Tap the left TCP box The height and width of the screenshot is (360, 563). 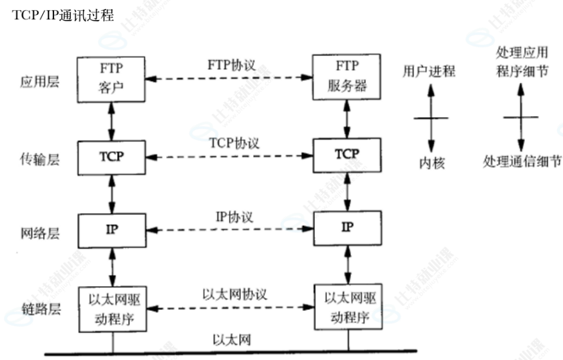tap(112, 156)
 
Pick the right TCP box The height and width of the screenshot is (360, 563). tap(348, 155)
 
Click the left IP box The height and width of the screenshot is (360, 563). tap(112, 230)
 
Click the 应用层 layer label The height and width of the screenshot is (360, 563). tap(39, 82)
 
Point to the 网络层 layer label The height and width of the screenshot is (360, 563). tap(39, 233)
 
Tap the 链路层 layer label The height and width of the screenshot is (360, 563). tap(39, 310)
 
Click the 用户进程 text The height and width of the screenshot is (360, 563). tap(429, 71)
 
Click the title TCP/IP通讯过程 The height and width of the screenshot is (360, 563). tap(62, 15)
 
